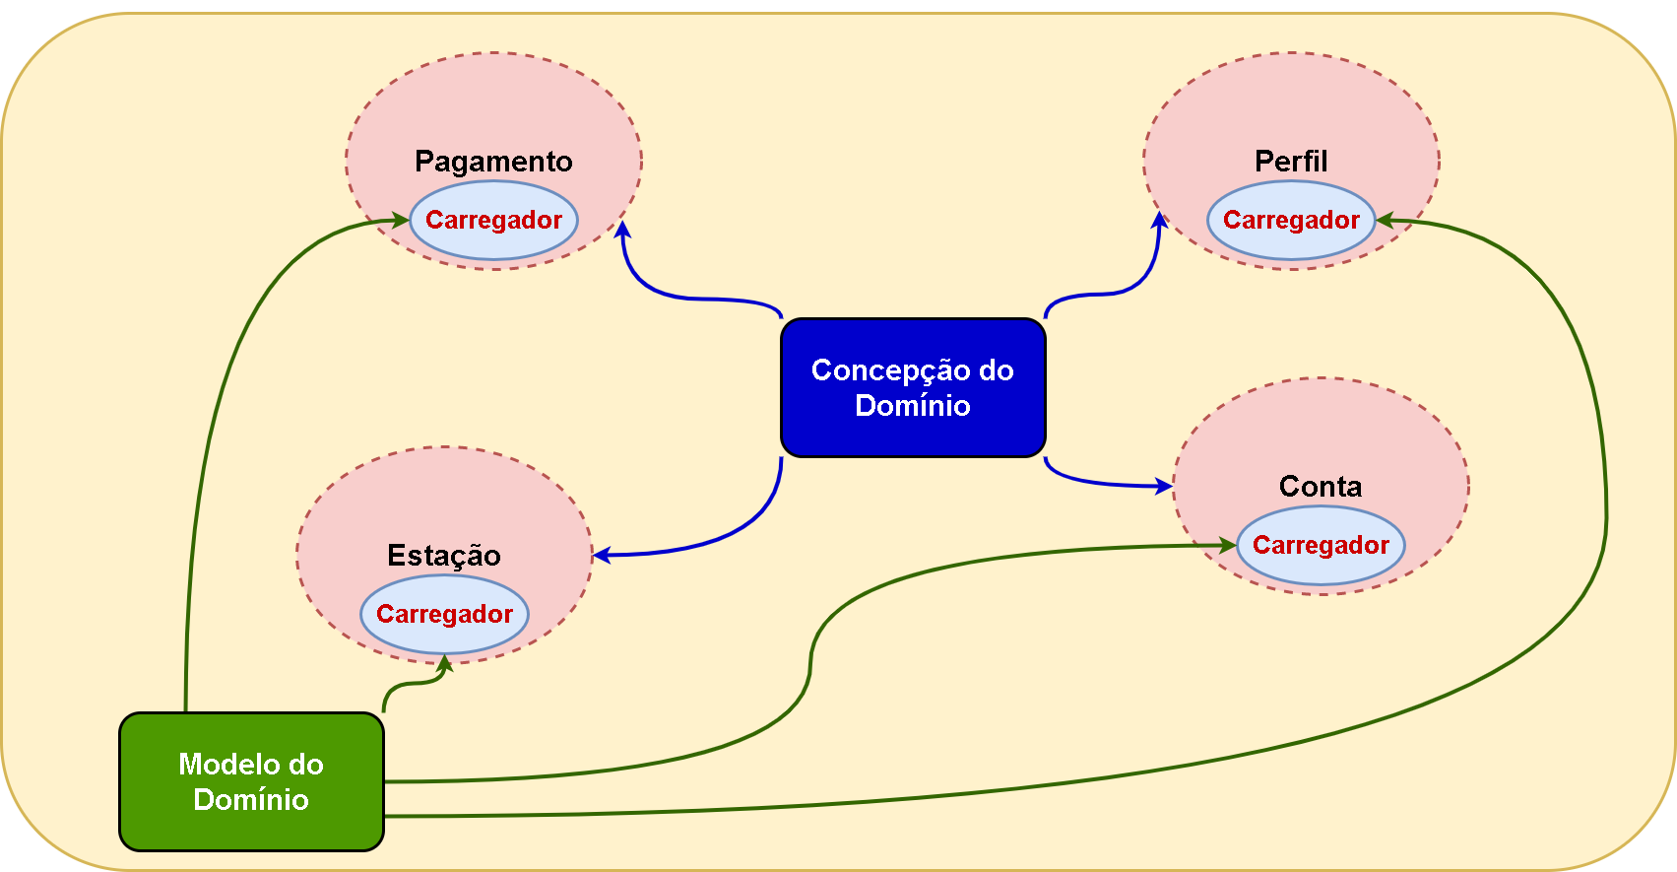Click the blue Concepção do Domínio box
coord(913,387)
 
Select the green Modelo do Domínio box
coord(251,781)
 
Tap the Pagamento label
coord(493,161)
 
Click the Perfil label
coord(1291,161)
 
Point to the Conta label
coord(1321,486)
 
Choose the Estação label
coord(444,555)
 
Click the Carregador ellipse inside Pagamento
coord(493,220)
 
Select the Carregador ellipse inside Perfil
coord(1291,220)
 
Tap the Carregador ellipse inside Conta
coord(1321,545)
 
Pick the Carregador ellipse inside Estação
coord(444,614)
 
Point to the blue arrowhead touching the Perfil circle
coord(1160,221)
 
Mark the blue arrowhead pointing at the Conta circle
coord(1164,485)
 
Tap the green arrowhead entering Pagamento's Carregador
coord(401,220)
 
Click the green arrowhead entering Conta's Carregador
coord(1228,545)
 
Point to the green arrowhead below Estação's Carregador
coord(444,664)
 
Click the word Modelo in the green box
coord(222,765)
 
